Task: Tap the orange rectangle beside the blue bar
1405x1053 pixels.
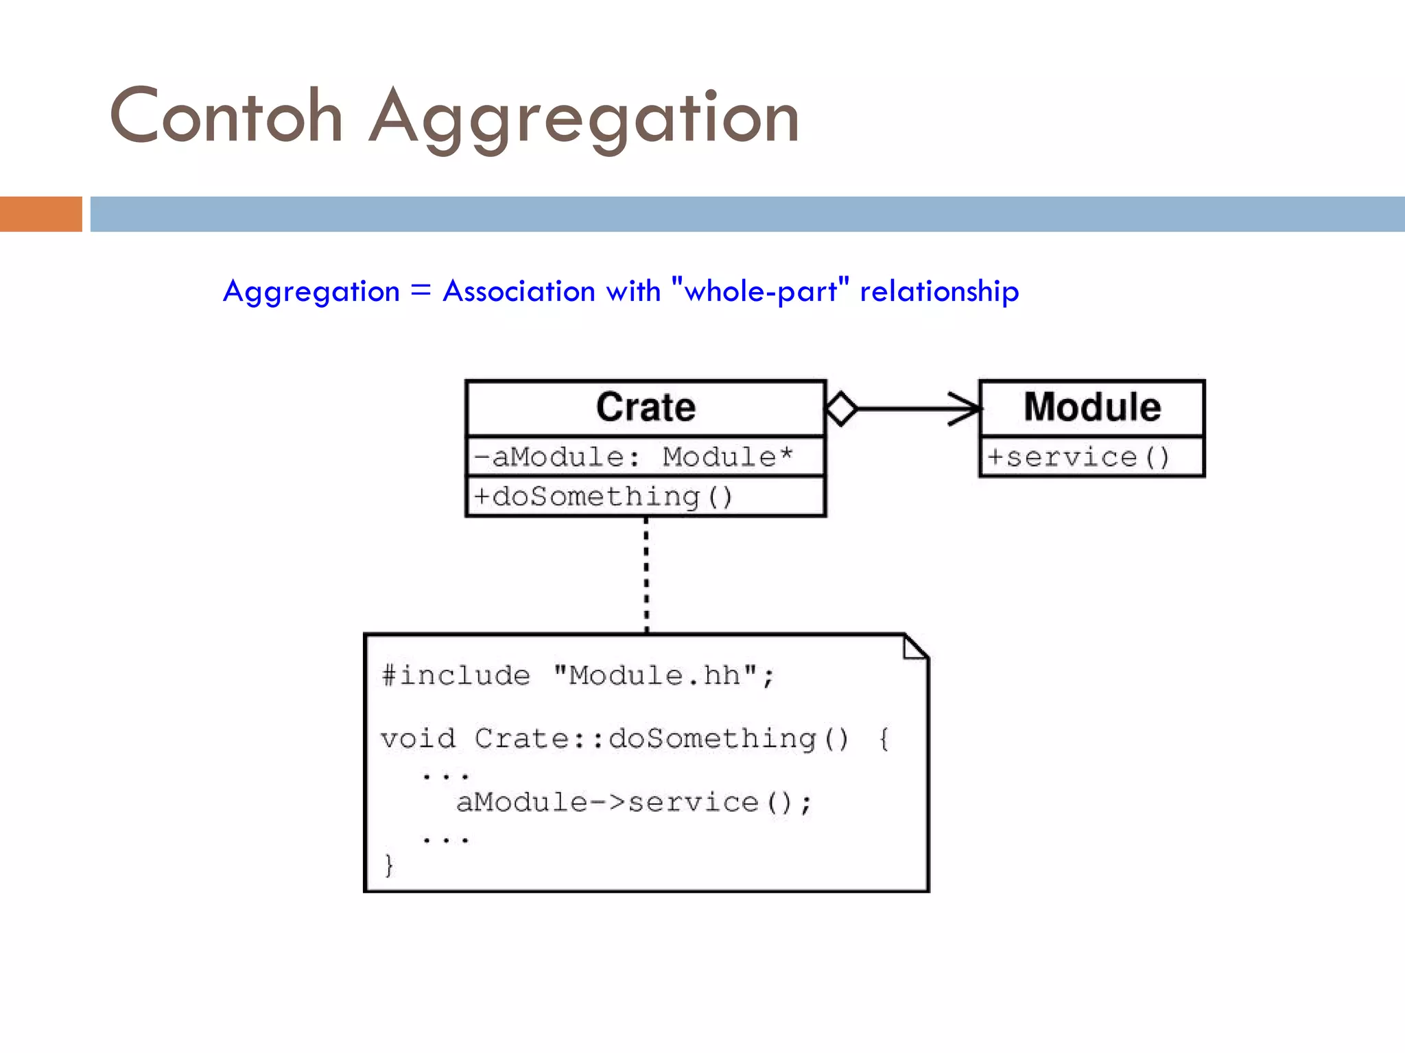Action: pyautogui.click(x=40, y=214)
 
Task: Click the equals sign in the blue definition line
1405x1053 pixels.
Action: pyautogui.click(x=421, y=291)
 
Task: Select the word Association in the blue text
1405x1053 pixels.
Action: pyautogui.click(x=519, y=291)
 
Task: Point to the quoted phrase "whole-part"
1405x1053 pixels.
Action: pyautogui.click(x=760, y=291)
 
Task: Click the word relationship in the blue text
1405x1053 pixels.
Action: pyautogui.click(x=939, y=291)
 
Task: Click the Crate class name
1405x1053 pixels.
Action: pyautogui.click(x=646, y=407)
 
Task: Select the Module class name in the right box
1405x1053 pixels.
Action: pyautogui.click(x=1092, y=407)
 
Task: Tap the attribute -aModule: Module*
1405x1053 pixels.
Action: pyautogui.click(x=633, y=457)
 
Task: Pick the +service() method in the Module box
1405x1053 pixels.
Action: pyautogui.click(x=1078, y=457)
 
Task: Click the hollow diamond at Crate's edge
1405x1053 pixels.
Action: pyautogui.click(x=842, y=409)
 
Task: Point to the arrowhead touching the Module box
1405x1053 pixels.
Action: pyautogui.click(x=967, y=409)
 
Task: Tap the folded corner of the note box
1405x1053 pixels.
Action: pyautogui.click(x=914, y=647)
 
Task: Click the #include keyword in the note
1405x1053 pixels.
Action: pyautogui.click(x=456, y=676)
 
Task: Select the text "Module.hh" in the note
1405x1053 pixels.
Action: pyautogui.click(x=655, y=676)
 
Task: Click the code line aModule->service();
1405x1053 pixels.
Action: pyautogui.click(x=634, y=802)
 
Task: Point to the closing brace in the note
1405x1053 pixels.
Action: pyautogui.click(x=389, y=865)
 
